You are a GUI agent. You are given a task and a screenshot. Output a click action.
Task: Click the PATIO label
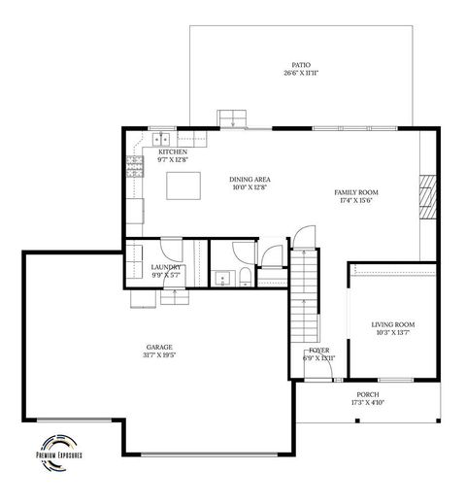click(301, 64)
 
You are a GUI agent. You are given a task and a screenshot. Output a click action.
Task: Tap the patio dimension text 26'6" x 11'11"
click(301, 73)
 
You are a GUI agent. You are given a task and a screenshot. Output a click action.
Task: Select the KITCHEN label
click(173, 152)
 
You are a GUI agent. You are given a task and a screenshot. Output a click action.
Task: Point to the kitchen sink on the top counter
click(161, 137)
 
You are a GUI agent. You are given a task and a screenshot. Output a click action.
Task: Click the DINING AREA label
click(249, 180)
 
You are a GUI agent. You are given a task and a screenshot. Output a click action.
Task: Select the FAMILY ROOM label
click(356, 192)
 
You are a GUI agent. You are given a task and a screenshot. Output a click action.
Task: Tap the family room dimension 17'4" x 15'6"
click(356, 201)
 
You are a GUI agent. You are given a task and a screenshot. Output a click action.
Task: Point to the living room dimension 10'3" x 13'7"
click(393, 333)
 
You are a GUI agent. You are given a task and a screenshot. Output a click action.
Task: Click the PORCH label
click(367, 394)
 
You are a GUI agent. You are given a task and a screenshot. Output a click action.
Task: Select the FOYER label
click(319, 350)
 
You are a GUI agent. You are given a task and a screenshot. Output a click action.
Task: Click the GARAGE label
click(160, 347)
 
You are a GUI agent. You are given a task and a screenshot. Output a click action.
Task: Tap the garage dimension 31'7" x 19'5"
click(160, 355)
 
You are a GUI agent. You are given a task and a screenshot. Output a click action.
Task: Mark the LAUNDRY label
click(165, 267)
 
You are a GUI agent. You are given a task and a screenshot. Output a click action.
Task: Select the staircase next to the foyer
click(305, 291)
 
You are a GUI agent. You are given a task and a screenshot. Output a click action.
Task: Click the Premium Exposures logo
click(61, 449)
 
